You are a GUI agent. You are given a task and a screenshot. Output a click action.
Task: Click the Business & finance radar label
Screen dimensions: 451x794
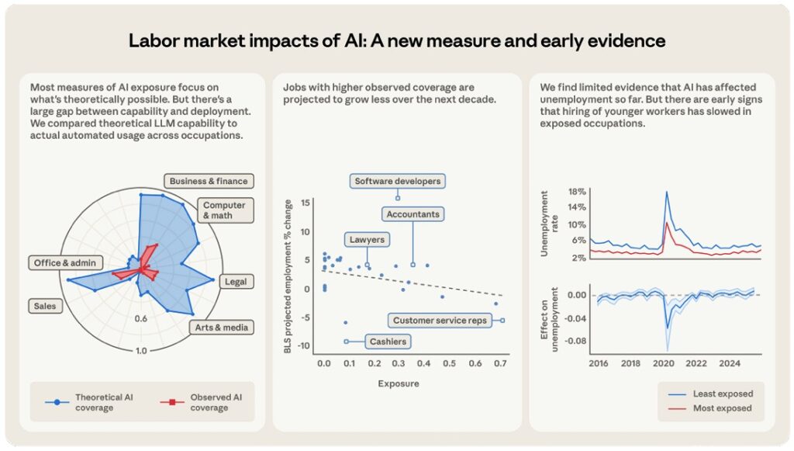coord(209,181)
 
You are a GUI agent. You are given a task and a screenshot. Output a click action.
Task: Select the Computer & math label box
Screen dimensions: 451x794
coord(224,210)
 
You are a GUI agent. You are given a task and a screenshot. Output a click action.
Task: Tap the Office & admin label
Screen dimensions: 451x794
coord(64,263)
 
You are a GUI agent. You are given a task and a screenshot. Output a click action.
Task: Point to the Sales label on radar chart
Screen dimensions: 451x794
coord(45,306)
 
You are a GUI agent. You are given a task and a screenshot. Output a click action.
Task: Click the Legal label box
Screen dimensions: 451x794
coord(235,282)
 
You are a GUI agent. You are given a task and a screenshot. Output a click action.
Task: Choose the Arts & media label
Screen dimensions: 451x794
coord(222,328)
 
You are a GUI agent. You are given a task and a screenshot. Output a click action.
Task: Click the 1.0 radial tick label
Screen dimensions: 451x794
coord(140,351)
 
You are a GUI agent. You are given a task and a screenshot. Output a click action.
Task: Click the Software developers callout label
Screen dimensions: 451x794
coord(397,181)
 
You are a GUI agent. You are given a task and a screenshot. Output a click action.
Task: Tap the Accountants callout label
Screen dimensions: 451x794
coord(412,213)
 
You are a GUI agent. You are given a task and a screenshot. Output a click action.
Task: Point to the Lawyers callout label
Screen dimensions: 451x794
coord(366,240)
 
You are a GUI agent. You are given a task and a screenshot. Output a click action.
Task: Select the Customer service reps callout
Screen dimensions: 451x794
coord(439,320)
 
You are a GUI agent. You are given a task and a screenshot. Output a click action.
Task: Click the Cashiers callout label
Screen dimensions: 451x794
coord(388,342)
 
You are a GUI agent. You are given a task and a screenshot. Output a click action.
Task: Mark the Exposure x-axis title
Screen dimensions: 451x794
coord(399,383)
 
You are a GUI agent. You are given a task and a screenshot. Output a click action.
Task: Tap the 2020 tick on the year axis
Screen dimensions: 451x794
coord(664,363)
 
